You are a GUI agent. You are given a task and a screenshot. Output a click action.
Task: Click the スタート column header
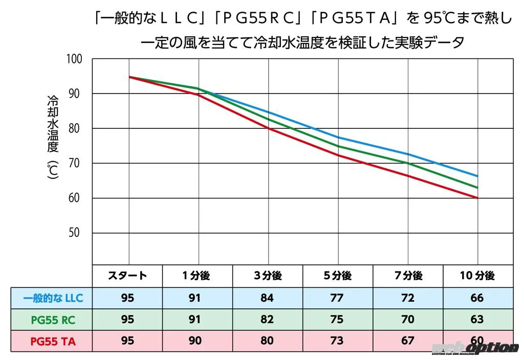tap(127, 276)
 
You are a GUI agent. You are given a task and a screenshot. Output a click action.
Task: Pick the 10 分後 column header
tap(477, 276)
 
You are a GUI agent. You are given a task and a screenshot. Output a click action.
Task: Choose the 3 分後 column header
tap(267, 276)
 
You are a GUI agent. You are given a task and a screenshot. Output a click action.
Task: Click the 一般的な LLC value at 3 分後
tap(267, 298)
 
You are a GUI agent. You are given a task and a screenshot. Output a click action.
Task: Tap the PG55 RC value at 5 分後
tap(337, 320)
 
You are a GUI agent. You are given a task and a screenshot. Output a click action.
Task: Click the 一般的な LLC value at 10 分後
tap(477, 298)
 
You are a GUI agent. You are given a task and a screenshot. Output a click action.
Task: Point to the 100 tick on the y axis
tap(74, 59)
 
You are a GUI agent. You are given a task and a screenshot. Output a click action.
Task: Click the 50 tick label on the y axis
tap(74, 233)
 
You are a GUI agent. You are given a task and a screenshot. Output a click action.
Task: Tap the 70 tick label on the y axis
tap(74, 163)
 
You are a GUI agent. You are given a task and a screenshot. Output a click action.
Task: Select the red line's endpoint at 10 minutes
tap(477, 198)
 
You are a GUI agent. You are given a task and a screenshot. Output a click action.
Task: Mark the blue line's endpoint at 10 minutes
tap(477, 176)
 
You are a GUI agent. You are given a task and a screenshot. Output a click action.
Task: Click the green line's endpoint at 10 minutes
tap(477, 188)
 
